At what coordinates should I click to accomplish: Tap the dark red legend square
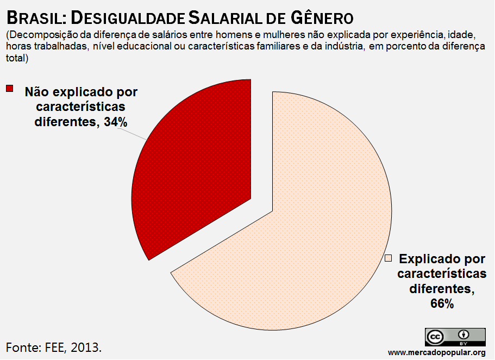pos(9,88)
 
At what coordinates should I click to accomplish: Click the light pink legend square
pos(388,258)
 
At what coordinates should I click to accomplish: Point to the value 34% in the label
pos(116,122)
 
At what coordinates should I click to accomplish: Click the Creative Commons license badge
pos(455,337)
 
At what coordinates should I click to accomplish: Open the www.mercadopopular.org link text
pos(437,352)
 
